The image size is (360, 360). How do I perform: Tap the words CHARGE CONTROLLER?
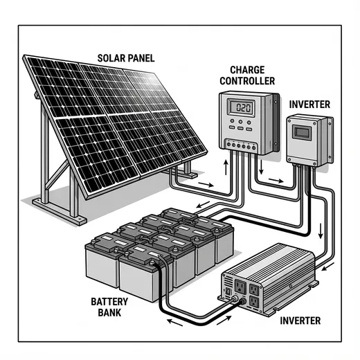246,75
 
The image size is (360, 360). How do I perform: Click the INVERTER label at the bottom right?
301,321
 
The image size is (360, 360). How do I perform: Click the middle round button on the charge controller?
242,127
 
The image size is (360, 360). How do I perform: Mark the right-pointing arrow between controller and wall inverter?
276,182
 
